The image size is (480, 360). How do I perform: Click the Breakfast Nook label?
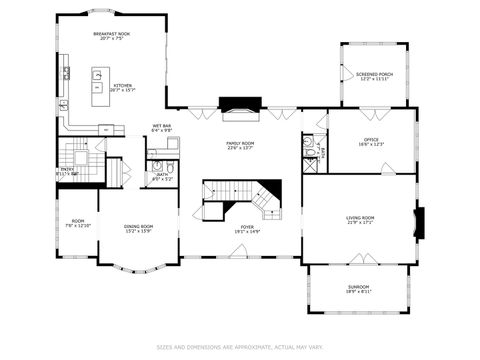[x=111, y=34]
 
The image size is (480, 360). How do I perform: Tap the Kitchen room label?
[x=123, y=86]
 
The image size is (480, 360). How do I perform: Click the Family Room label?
[x=239, y=143]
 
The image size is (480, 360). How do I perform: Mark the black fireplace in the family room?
[x=239, y=104]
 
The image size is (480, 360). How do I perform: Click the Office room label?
[x=370, y=140]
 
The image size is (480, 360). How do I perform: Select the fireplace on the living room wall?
[x=419, y=222]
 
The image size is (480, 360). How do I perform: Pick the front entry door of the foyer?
[x=240, y=257]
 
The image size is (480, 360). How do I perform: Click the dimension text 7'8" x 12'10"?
[x=77, y=227]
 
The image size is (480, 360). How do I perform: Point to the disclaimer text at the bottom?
[x=239, y=347]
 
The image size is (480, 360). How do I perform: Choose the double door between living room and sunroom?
[x=358, y=261]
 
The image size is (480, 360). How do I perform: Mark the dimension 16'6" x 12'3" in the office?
[x=370, y=145]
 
